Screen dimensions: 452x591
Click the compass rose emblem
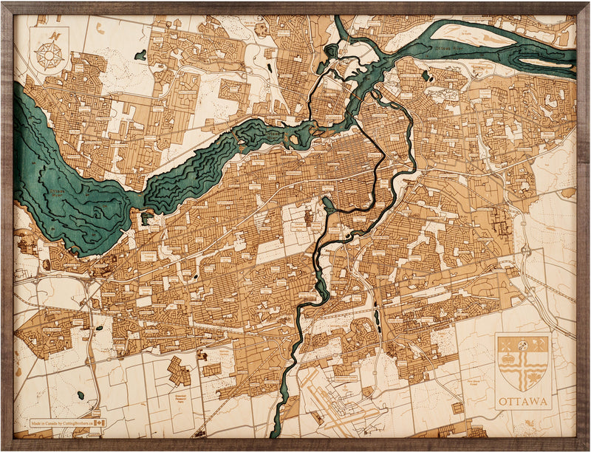[x=49, y=55]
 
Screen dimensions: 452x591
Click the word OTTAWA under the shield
[x=523, y=403]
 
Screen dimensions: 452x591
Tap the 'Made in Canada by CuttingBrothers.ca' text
[x=59, y=424]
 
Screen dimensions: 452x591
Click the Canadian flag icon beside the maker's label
[x=93, y=424]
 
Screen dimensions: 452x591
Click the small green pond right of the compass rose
[x=140, y=55]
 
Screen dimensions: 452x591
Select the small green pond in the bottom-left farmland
[x=81, y=395]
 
